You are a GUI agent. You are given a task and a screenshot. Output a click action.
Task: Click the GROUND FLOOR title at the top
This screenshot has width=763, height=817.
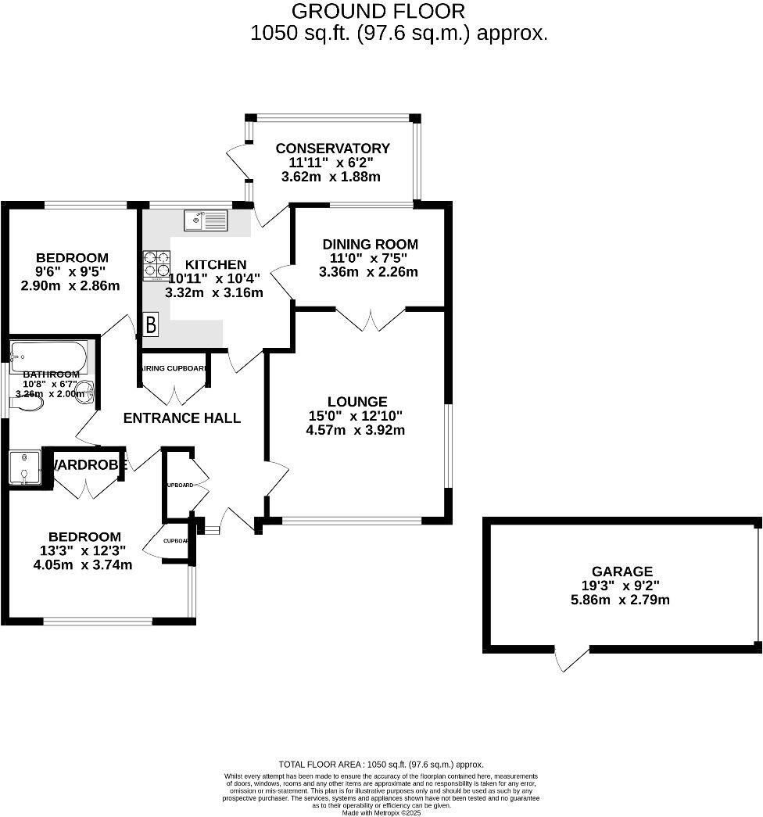click(378, 12)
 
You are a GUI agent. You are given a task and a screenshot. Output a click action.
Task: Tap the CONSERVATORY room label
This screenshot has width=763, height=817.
click(332, 149)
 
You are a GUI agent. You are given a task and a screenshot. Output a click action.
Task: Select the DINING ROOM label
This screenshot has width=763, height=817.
click(370, 244)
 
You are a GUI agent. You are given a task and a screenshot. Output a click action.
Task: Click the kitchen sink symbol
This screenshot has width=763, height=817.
click(205, 220)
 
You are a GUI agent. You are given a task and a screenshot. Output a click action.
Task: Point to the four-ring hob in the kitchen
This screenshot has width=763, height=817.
click(156, 263)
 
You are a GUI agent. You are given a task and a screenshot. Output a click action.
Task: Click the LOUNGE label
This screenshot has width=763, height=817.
click(357, 402)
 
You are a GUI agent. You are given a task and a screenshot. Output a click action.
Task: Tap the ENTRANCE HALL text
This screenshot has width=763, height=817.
click(182, 418)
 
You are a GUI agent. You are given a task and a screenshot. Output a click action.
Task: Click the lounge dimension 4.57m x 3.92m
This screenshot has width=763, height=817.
click(357, 430)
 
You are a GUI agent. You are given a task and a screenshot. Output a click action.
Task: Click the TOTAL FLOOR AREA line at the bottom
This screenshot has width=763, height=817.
click(381, 765)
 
